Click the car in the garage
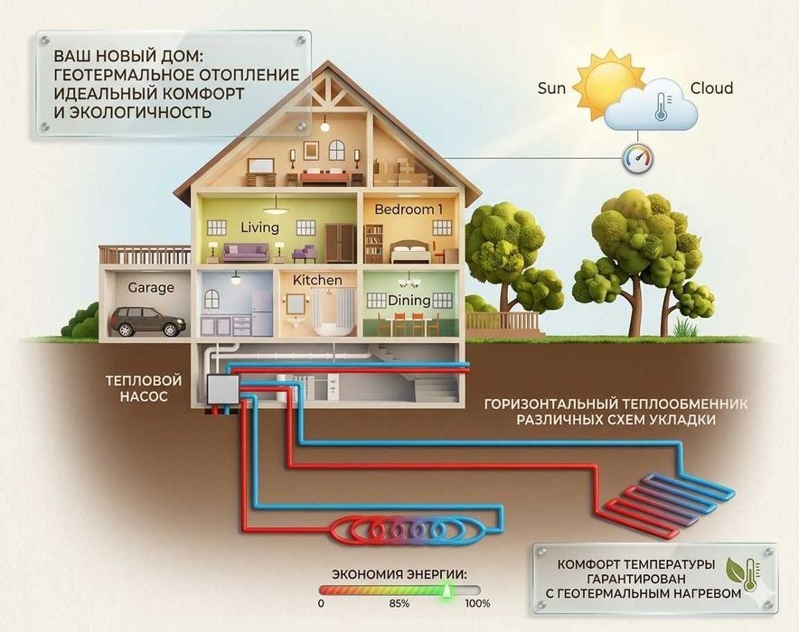pyautogui.click(x=147, y=321)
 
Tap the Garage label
pyautogui.click(x=151, y=287)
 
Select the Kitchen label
pyautogui.click(x=317, y=280)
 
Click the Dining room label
pyautogui.click(x=409, y=301)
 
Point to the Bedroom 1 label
pyautogui.click(x=409, y=209)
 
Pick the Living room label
pyautogui.click(x=260, y=228)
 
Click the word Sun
pyautogui.click(x=551, y=88)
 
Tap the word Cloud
pyautogui.click(x=711, y=88)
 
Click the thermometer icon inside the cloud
pyautogui.click(x=662, y=107)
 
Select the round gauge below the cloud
pyautogui.click(x=637, y=158)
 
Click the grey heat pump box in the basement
pyautogui.click(x=223, y=391)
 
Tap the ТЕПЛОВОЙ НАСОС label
pyautogui.click(x=144, y=388)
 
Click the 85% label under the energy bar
pyautogui.click(x=399, y=603)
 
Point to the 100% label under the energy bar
pyautogui.click(x=477, y=603)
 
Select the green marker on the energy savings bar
pyautogui.click(x=446, y=590)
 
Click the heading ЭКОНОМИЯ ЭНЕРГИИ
pyautogui.click(x=399, y=574)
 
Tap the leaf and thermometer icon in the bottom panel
pyautogui.click(x=744, y=574)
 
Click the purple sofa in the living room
pyautogui.click(x=246, y=252)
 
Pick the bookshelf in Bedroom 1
pyautogui.click(x=373, y=244)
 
